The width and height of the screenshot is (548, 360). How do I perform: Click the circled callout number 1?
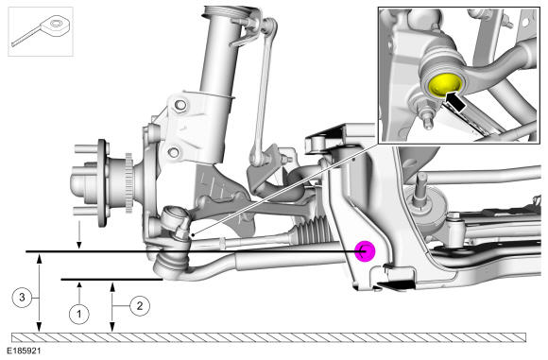pos(79,314)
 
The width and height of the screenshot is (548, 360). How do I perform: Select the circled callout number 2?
pos(140,306)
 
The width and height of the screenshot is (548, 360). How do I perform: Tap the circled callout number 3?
pos(22,297)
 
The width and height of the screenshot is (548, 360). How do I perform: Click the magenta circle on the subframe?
pos(365,251)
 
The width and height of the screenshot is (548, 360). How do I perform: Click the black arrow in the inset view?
pos(456,100)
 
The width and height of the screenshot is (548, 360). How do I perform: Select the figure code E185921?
pos(23,351)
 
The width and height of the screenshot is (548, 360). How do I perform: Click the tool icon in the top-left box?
pos(42,31)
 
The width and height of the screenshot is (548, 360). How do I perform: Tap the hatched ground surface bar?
pos(268,337)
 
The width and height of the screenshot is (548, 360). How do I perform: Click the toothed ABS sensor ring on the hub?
pos(129,182)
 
